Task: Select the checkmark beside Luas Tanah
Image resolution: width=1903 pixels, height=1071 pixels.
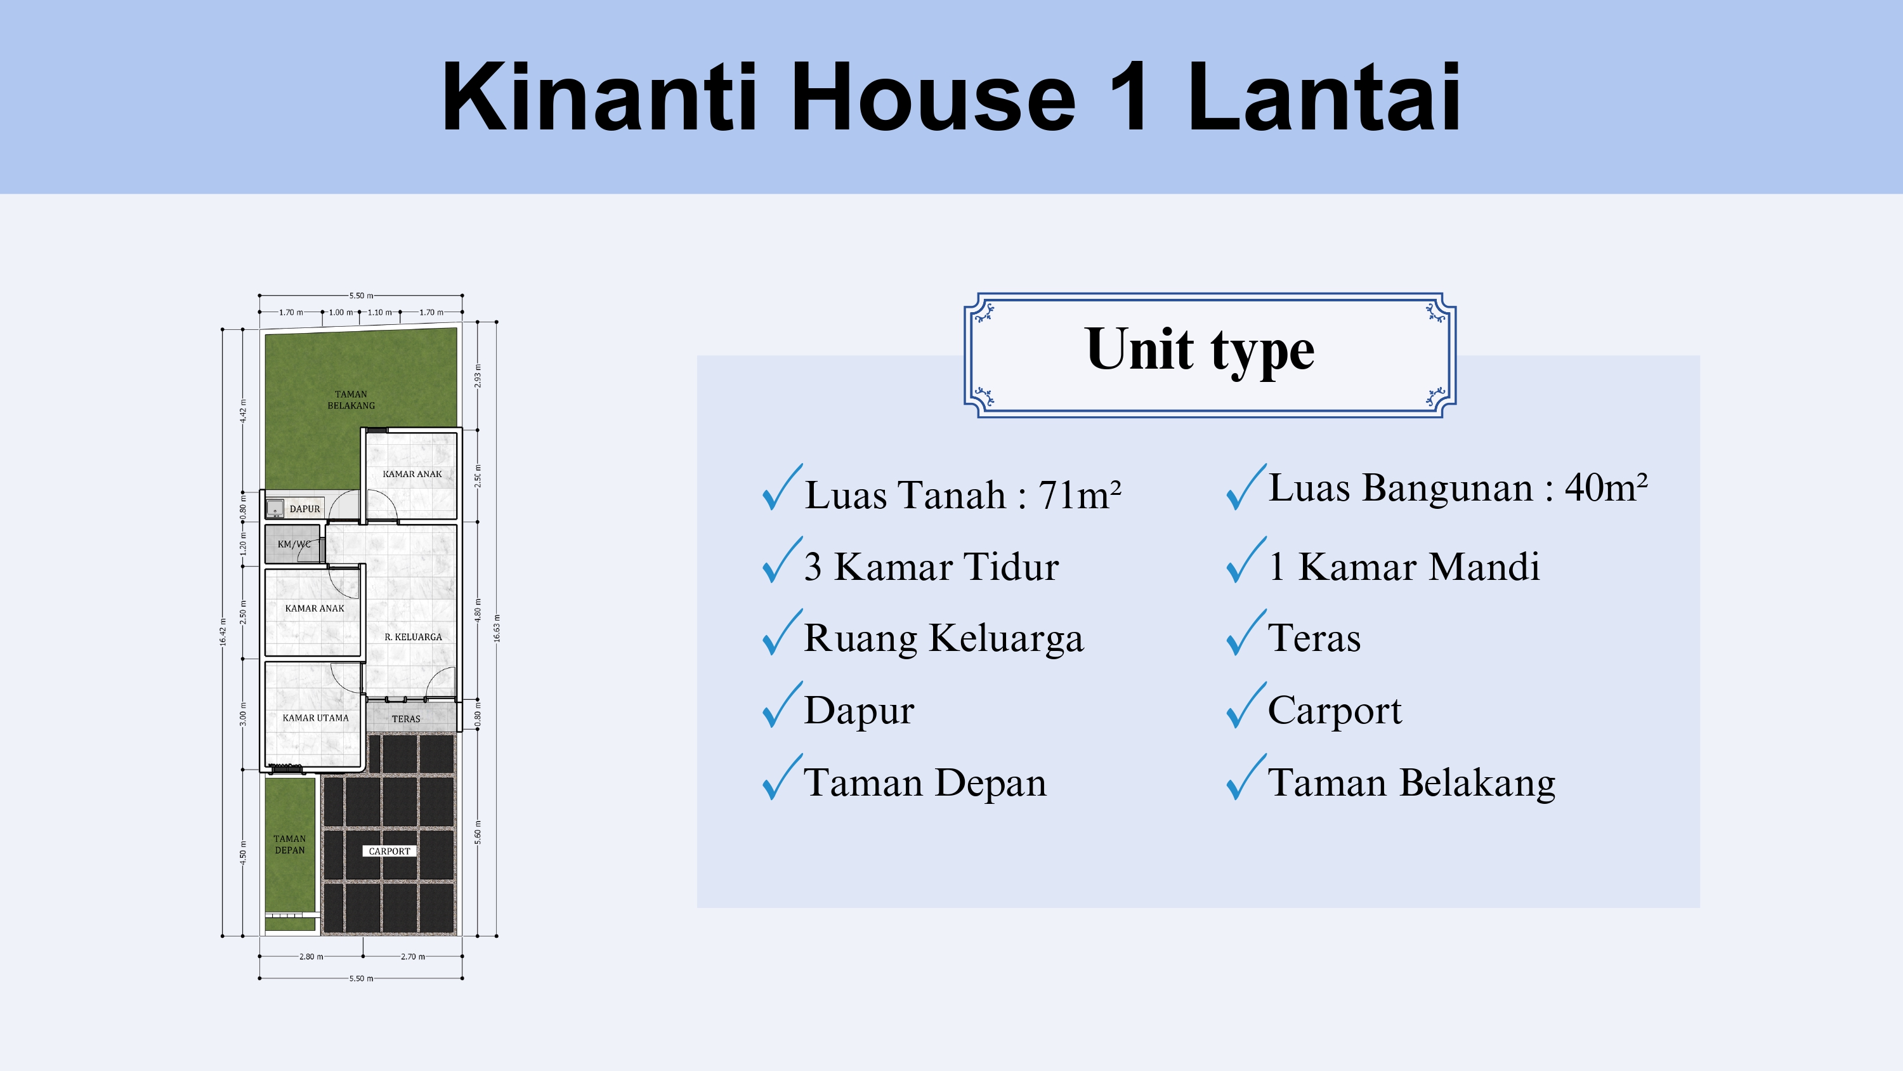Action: click(x=782, y=487)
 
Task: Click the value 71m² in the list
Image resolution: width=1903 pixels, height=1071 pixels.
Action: click(x=1080, y=494)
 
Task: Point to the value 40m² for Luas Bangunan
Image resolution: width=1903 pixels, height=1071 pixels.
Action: click(x=1606, y=487)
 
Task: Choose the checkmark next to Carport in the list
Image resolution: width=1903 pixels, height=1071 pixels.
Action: click(x=1246, y=704)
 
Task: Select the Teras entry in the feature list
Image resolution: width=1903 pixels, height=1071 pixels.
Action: click(x=1314, y=638)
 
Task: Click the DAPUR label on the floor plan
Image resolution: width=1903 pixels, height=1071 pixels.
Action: click(x=305, y=508)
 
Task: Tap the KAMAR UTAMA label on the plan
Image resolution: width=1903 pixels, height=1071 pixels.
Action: click(x=315, y=718)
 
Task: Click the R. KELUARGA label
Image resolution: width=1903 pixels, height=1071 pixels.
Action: click(x=413, y=637)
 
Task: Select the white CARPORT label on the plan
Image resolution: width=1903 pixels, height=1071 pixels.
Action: click(x=389, y=851)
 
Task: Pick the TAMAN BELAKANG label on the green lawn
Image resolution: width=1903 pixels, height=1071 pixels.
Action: click(x=351, y=400)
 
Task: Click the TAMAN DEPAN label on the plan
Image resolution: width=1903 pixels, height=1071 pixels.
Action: click(x=290, y=844)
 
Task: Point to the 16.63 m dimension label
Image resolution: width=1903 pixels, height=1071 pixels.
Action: click(x=497, y=628)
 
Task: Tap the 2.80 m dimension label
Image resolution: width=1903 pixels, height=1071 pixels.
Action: click(x=311, y=956)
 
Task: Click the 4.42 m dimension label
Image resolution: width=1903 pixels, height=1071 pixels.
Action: click(x=243, y=411)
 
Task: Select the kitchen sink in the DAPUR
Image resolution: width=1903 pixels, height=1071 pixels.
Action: click(x=275, y=508)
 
